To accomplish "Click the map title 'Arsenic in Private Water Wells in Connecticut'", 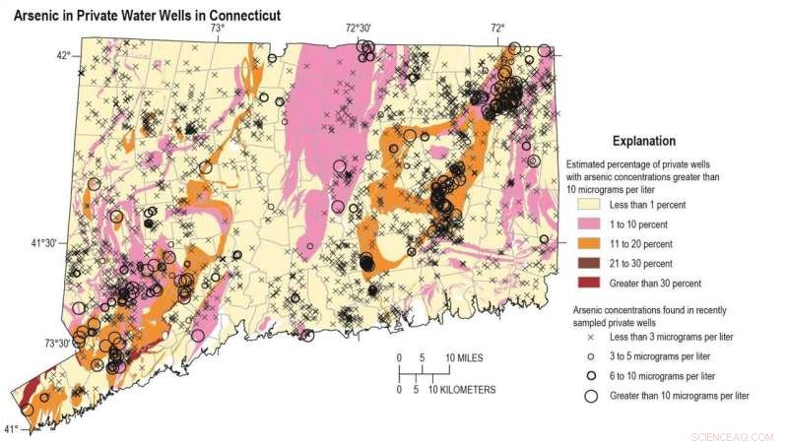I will tap(146, 16).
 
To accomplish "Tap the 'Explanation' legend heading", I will tap(644, 141).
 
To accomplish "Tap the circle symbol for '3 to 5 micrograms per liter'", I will tap(592, 356).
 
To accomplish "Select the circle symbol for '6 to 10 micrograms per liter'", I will tap(592, 376).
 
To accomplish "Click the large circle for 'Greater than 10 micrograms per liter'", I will tap(592, 396).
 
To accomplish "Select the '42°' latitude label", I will tap(63, 55).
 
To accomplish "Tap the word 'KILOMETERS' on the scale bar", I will tap(463, 390).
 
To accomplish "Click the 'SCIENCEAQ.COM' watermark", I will tap(733, 434).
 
